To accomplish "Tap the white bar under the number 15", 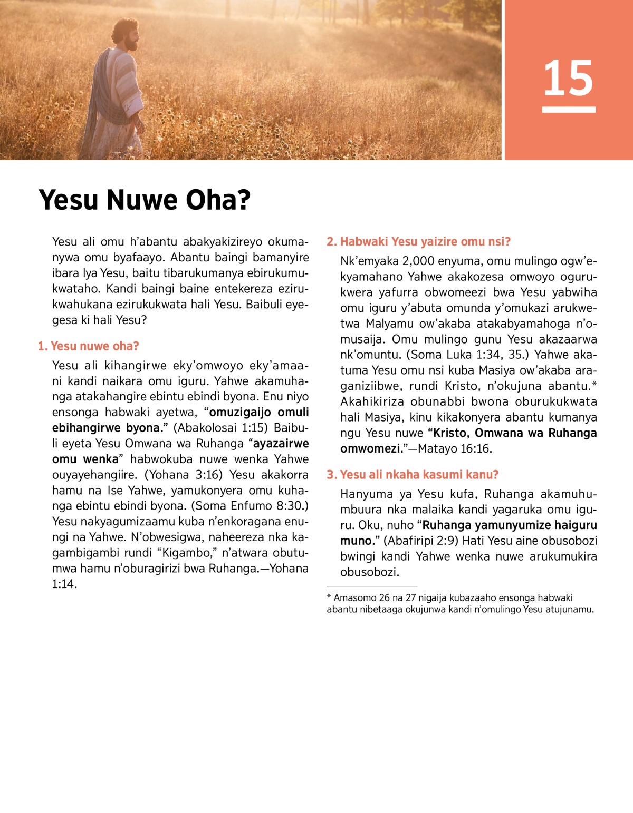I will coord(568,110).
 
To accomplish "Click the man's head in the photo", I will coord(126,34).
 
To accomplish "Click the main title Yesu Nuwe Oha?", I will coord(145,200).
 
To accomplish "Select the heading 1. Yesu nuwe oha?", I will coord(88,346).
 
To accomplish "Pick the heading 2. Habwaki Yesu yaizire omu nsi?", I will coord(418,242).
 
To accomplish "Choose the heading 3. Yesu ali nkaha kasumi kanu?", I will coord(412,475).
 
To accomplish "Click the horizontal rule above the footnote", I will coord(372,586).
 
